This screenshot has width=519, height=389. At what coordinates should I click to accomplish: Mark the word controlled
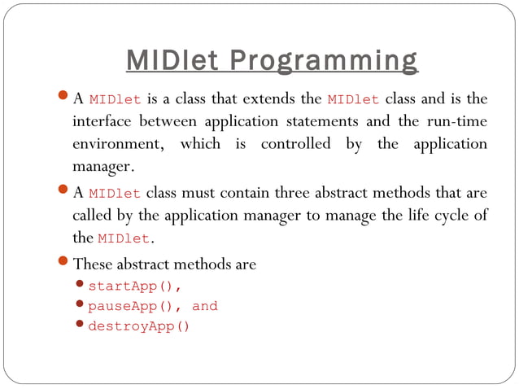click(x=295, y=144)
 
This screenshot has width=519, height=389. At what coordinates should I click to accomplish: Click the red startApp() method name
click(x=134, y=286)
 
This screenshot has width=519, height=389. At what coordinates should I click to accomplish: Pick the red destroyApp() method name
click(x=138, y=327)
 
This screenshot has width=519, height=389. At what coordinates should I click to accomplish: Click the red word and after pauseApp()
click(x=205, y=307)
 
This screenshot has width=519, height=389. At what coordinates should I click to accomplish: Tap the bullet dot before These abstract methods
click(x=64, y=264)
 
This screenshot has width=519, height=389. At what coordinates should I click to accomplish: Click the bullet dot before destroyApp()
click(x=80, y=326)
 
